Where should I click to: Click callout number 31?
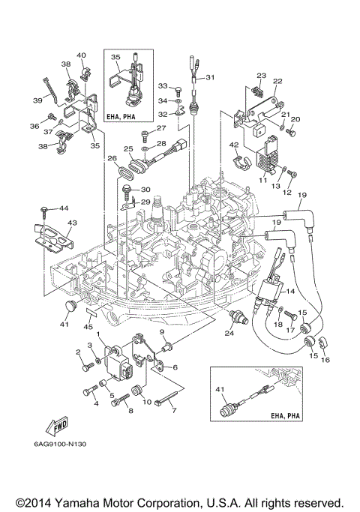click(x=210, y=77)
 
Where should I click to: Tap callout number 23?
click(x=261, y=76)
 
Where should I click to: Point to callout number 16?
click(x=325, y=360)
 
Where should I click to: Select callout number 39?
click(x=36, y=100)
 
